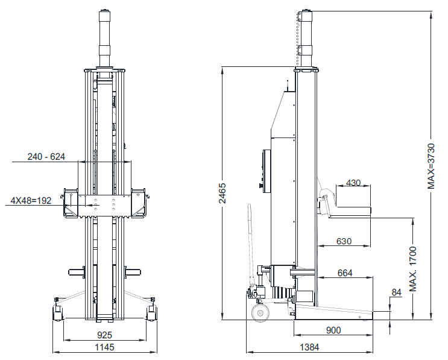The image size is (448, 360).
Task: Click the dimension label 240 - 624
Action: [x=46, y=156]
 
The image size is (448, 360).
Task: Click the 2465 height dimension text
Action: [x=222, y=193]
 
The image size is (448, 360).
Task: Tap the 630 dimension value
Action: [x=344, y=241]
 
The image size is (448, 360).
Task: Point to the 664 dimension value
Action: [x=345, y=273]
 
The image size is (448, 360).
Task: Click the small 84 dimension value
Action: [x=396, y=293]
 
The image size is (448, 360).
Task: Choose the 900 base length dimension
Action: [x=333, y=330]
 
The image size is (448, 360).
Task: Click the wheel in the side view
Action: [x=260, y=312]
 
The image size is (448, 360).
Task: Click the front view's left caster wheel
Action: [x=58, y=311]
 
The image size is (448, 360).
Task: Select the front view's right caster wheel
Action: [x=151, y=312]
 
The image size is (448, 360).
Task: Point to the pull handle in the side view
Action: [x=249, y=241]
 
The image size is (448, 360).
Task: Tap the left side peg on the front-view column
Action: [x=77, y=271]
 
